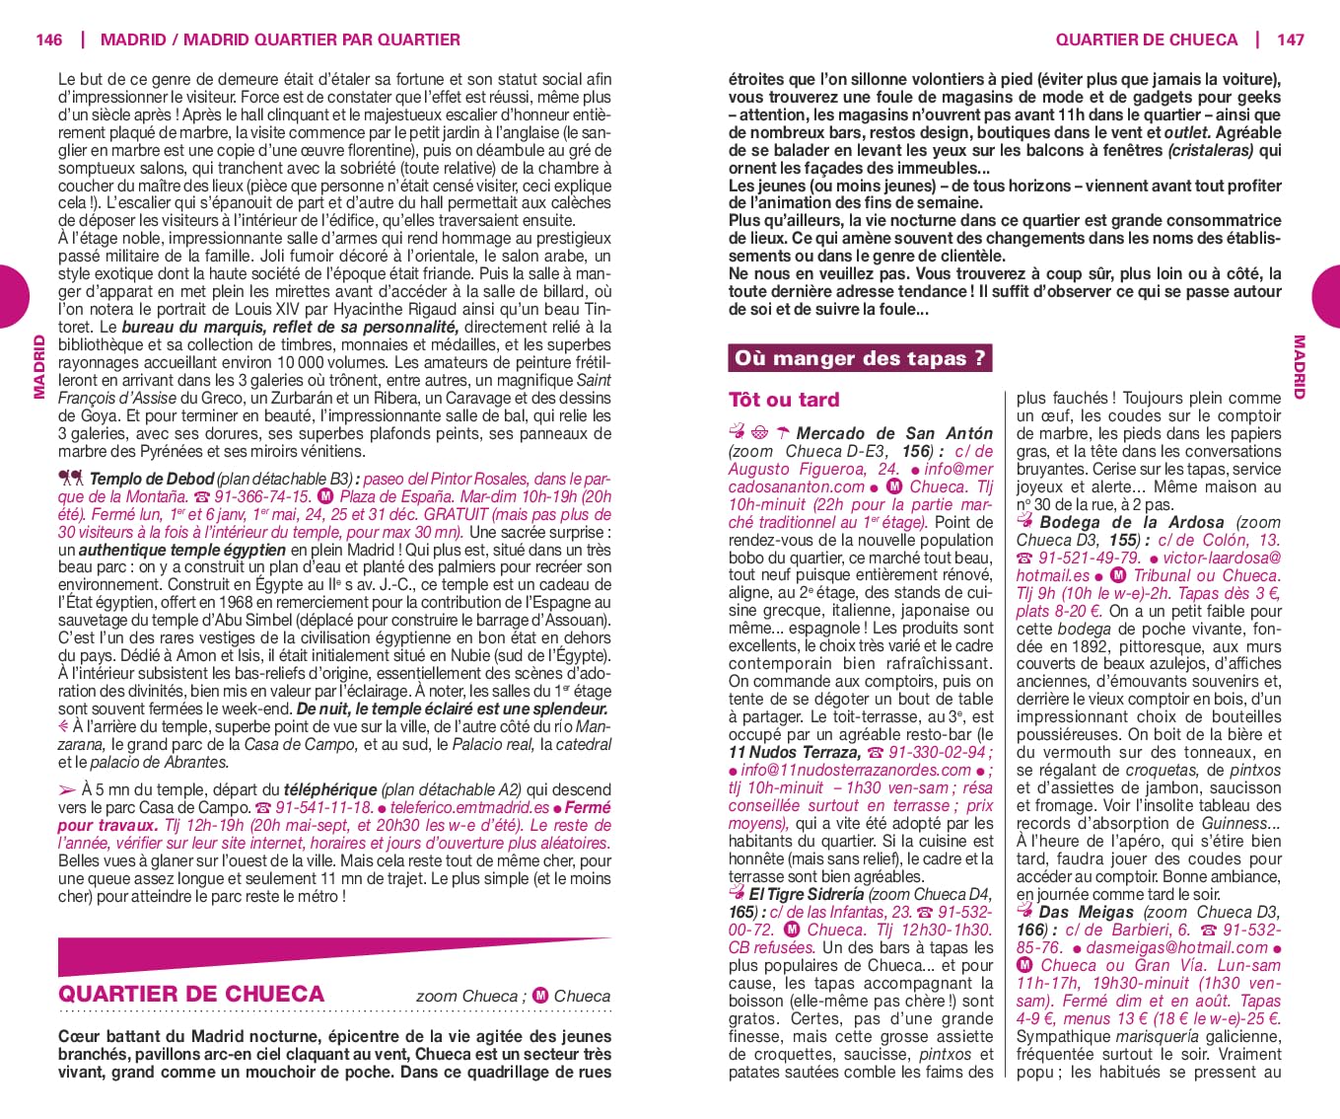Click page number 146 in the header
point(48,39)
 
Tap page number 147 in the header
point(1290,39)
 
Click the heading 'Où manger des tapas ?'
point(860,358)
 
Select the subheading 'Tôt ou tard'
point(784,400)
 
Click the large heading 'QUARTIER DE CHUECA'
point(191,994)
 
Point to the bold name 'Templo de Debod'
point(152,480)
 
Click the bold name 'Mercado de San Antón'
point(894,433)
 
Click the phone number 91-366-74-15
point(262,497)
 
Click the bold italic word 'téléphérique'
point(330,790)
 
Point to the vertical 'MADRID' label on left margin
point(39,366)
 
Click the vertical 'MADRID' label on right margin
point(1299,366)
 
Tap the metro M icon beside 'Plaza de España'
point(326,497)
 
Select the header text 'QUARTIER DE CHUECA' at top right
point(1146,39)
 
